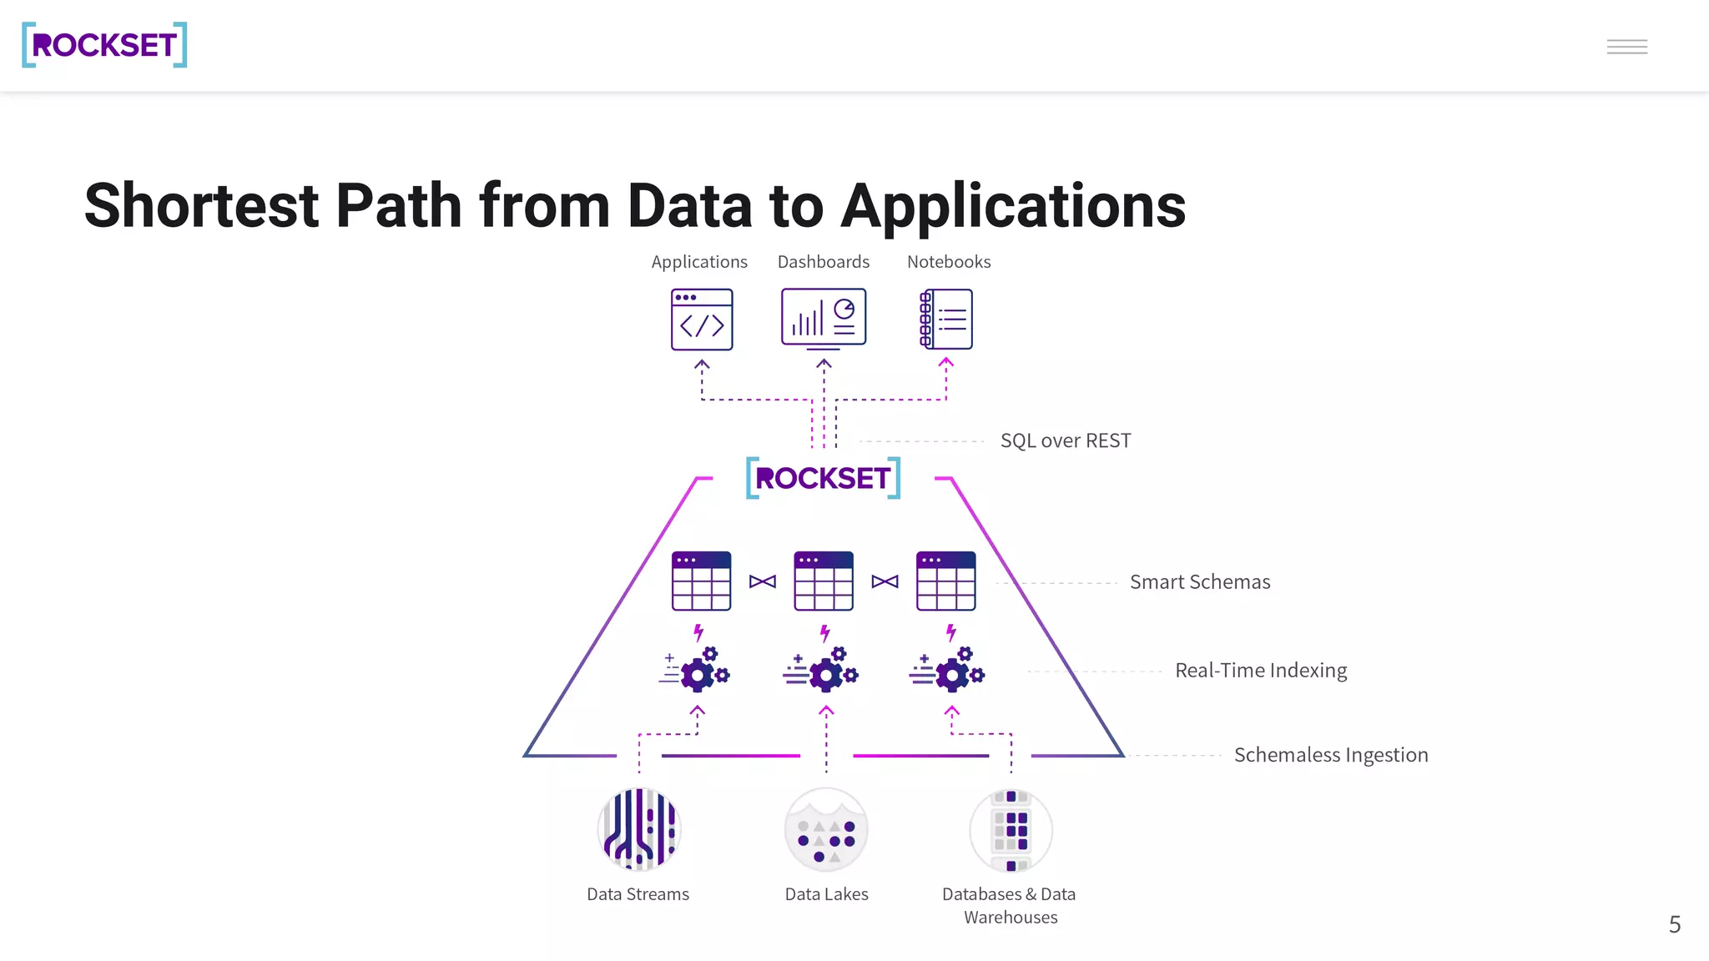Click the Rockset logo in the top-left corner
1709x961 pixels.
(x=104, y=45)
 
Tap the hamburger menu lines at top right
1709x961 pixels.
(x=1626, y=47)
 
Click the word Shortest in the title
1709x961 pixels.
(x=201, y=206)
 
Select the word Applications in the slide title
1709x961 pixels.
(x=1012, y=206)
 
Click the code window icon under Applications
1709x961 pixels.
(x=702, y=319)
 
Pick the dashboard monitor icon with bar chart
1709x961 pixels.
(x=824, y=318)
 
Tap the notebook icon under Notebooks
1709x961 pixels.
(x=946, y=319)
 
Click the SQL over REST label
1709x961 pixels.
(x=1066, y=440)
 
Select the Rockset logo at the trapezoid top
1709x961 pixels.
(x=823, y=478)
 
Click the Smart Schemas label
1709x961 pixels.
(x=1199, y=582)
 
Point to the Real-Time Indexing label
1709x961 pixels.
(x=1260, y=671)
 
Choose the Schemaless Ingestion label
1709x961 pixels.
(x=1330, y=755)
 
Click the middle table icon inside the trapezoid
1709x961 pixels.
(x=824, y=581)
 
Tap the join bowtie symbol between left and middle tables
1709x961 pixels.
(x=763, y=581)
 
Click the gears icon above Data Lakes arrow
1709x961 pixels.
(x=823, y=670)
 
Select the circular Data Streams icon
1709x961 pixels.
(x=639, y=829)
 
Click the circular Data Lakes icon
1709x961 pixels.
(x=826, y=829)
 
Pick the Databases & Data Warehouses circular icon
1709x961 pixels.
(x=1011, y=829)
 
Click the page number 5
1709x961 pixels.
(x=1674, y=924)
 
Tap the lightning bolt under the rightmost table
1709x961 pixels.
(x=950, y=633)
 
